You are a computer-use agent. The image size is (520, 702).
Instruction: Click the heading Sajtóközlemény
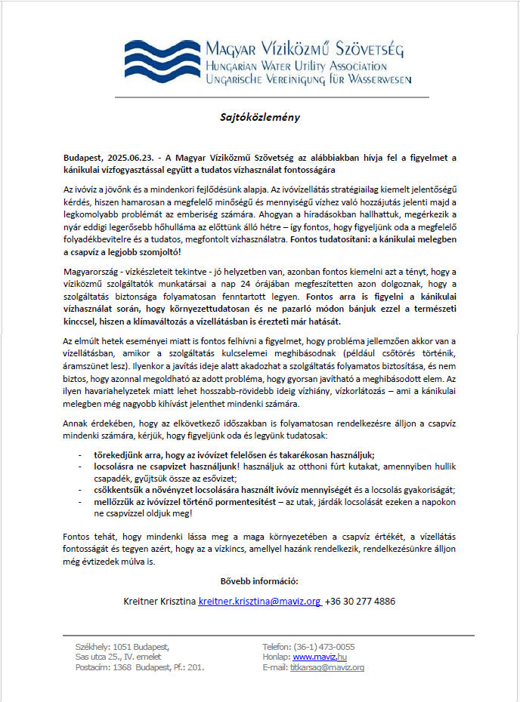(259, 117)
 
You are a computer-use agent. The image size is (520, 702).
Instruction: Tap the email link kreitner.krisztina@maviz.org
(259, 602)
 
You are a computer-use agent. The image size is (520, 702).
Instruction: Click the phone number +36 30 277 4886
(360, 602)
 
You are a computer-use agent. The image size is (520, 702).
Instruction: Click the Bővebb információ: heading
(259, 580)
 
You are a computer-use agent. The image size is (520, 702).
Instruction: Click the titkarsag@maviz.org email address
(327, 668)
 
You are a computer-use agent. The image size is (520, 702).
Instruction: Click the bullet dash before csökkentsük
(81, 488)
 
